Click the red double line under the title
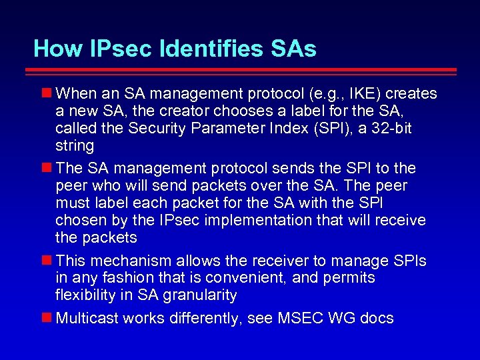coord(245,71)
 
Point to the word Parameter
coord(220,128)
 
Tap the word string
coord(75,145)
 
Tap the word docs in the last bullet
coord(377,318)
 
